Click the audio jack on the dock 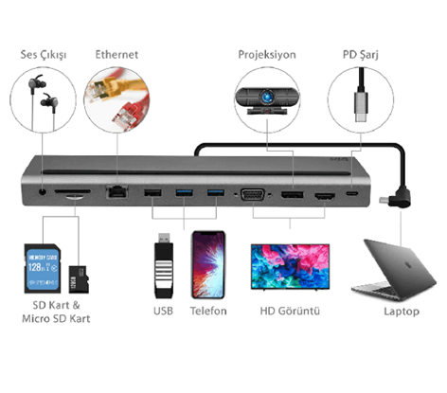(x=43, y=191)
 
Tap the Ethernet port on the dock (x=117, y=191)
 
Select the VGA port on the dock (x=253, y=195)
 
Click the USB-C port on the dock (x=352, y=193)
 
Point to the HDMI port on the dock (x=325, y=196)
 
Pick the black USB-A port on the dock (x=152, y=192)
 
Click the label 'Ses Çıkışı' (x=44, y=55)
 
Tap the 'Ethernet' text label (x=116, y=55)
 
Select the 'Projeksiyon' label (x=267, y=55)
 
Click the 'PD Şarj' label (x=361, y=55)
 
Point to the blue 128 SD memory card (x=43, y=269)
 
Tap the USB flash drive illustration (x=164, y=266)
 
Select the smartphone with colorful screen (x=208, y=264)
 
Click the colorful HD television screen (x=290, y=266)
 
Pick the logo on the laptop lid (x=409, y=265)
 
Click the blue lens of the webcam (x=267, y=96)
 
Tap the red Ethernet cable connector (x=123, y=117)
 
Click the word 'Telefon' (x=208, y=311)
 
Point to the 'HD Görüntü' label (x=290, y=311)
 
